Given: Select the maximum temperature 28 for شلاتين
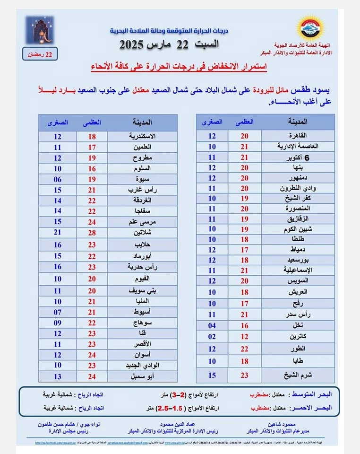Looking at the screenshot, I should pos(92,232).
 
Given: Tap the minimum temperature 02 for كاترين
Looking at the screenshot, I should pos(213,337).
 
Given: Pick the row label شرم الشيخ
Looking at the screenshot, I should pos(298,375).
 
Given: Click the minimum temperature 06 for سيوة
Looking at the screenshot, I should pos(58,179).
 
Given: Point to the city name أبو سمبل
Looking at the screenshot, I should pos(140,376).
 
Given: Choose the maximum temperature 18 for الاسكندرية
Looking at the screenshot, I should pos(92,136).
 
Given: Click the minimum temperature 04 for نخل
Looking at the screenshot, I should pos(213,326).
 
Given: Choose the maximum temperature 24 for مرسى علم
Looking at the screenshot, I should pos(92,222).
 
